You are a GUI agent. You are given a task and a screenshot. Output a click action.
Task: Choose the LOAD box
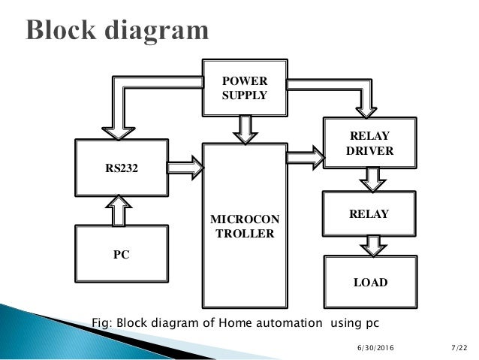369,283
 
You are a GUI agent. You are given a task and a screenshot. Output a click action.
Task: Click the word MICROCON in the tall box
244,219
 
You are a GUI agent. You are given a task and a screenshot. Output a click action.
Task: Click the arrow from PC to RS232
121,210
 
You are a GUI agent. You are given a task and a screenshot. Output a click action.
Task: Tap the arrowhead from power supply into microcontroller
243,135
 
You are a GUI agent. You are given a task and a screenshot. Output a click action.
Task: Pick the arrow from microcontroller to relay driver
304,156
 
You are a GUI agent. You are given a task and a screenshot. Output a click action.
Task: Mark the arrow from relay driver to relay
369,179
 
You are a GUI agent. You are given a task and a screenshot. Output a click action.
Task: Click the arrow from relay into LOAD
369,245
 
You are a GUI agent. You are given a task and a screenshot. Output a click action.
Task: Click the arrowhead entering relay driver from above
368,110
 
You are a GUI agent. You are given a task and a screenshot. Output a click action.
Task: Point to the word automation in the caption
286,322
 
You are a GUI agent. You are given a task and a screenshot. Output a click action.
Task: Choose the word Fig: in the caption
104,322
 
